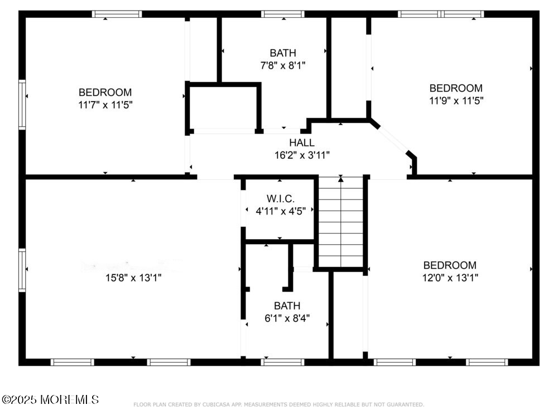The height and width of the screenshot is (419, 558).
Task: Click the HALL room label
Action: [301, 142]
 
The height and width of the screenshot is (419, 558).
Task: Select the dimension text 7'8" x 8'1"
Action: [283, 65]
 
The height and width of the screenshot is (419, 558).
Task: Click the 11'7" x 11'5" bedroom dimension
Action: [105, 104]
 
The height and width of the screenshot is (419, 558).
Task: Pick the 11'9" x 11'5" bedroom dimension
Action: [455, 101]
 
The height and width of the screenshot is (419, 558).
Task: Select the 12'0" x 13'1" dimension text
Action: [450, 278]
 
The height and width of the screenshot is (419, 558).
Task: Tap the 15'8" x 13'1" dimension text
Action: [133, 278]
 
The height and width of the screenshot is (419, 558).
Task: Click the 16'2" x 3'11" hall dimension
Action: [301, 155]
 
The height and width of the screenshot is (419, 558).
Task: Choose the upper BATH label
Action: [283, 53]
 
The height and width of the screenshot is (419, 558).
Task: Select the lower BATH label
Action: [287, 306]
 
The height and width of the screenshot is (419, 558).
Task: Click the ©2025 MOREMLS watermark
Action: [50, 399]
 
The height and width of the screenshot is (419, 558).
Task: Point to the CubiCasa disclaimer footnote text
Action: [278, 404]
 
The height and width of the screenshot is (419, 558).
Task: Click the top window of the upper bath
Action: [283, 14]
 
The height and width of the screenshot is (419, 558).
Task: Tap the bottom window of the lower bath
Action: [283, 362]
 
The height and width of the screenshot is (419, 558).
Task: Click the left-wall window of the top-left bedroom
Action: [22, 104]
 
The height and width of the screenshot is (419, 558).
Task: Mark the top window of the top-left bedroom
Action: [117, 14]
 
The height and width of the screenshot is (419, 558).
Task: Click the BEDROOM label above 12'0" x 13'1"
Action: [450, 265]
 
